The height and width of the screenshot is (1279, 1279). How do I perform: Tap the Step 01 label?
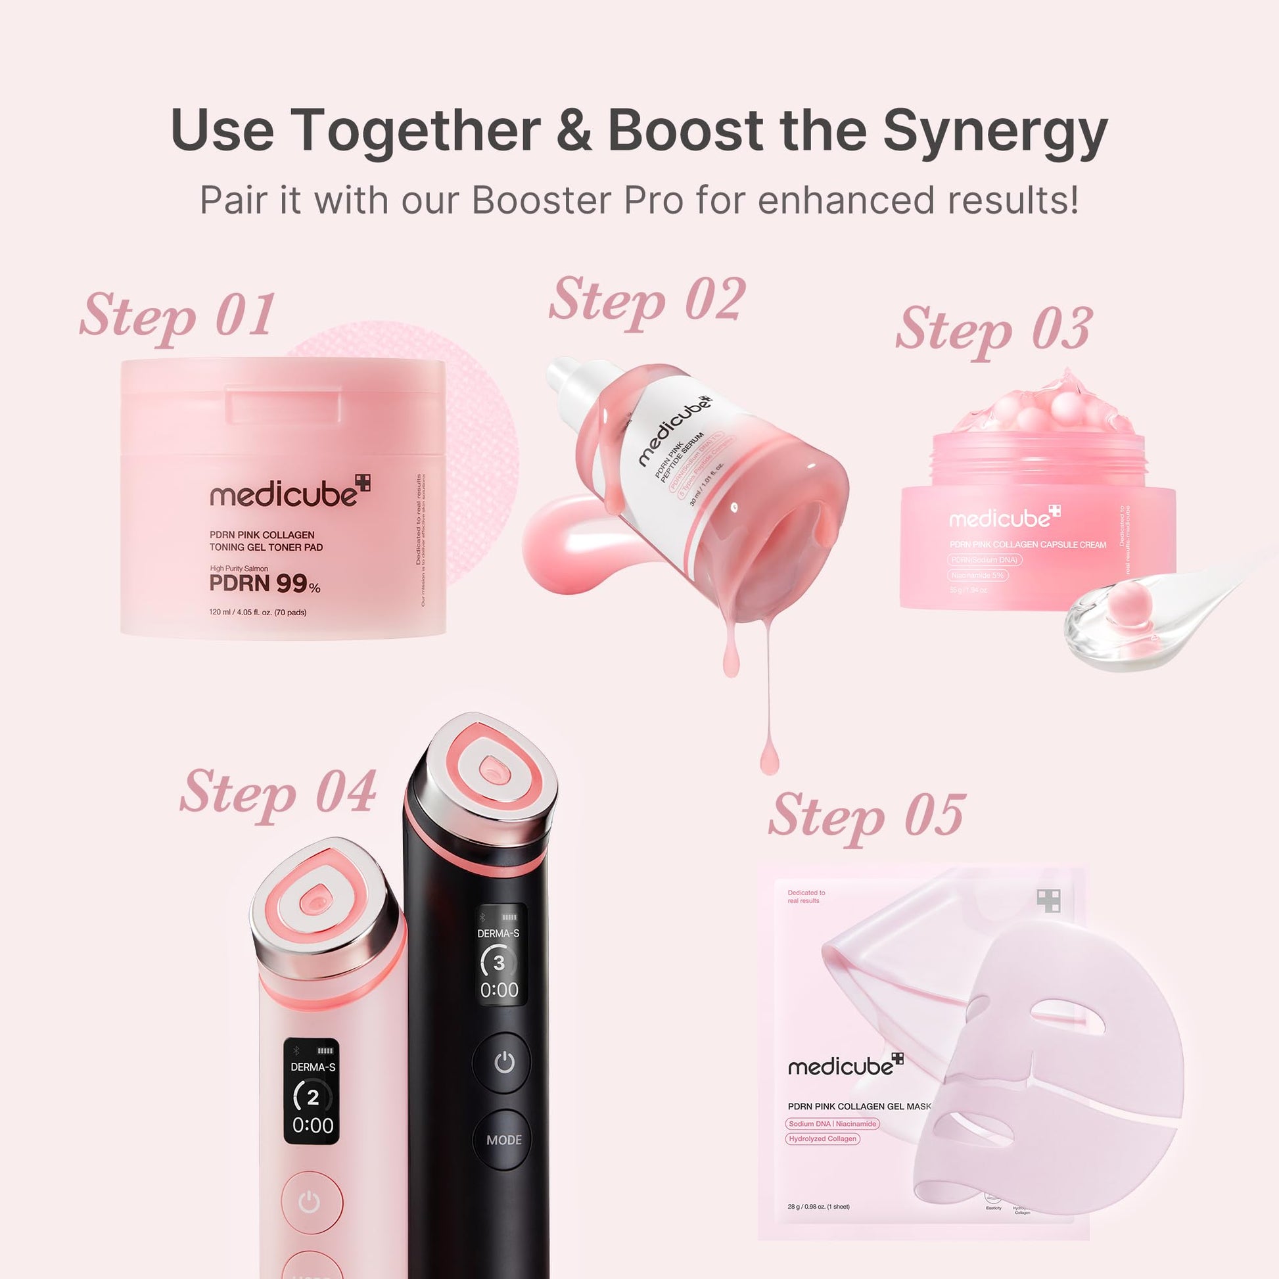click(177, 315)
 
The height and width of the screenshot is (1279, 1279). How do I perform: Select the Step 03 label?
click(993, 331)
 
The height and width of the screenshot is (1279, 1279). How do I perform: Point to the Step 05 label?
click(866, 816)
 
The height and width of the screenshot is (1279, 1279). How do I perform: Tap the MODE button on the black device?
click(504, 1140)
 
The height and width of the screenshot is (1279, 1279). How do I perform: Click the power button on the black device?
click(504, 1063)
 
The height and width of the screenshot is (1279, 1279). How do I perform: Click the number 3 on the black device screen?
click(499, 963)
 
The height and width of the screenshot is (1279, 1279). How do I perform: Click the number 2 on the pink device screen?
click(312, 1097)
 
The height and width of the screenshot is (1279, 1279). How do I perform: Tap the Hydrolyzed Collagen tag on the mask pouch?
click(822, 1138)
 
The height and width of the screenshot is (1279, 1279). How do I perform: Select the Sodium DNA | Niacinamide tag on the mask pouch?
click(832, 1123)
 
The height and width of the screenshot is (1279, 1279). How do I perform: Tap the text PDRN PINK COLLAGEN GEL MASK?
click(858, 1106)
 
